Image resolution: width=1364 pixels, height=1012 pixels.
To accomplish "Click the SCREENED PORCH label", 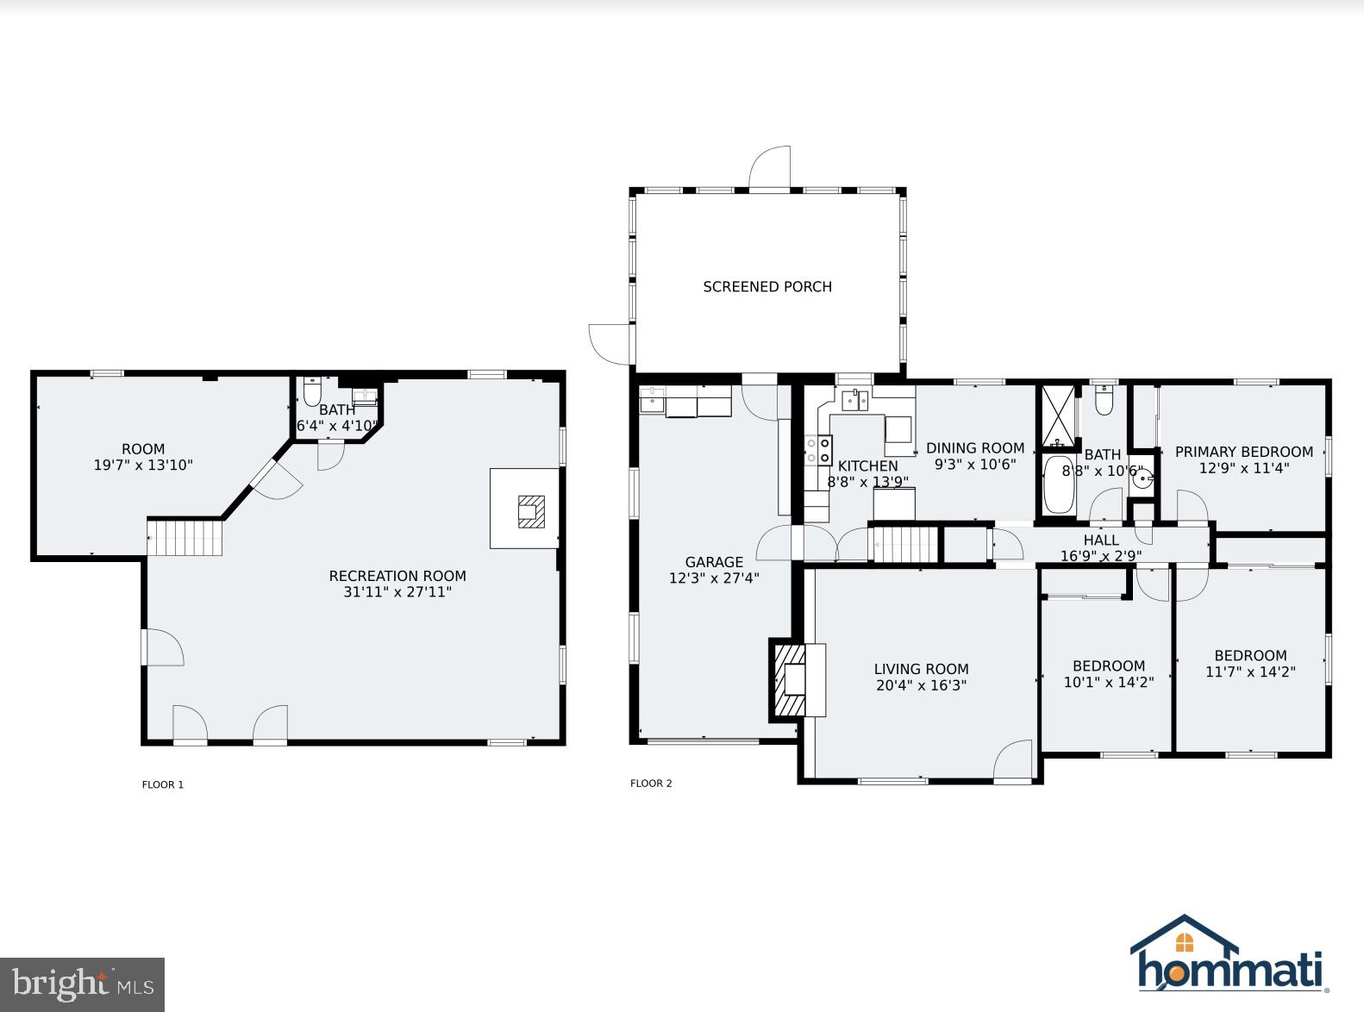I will tap(766, 287).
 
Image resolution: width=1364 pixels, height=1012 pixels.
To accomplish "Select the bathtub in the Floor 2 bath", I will tap(1058, 484).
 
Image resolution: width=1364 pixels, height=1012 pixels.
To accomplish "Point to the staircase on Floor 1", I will tap(185, 537).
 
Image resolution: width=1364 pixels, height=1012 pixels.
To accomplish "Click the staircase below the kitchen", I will tap(904, 546).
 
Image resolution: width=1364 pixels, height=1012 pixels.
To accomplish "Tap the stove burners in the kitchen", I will tap(819, 449).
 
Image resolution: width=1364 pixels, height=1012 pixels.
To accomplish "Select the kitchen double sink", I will tap(855, 401).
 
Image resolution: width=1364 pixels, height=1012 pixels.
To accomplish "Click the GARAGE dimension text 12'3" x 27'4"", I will tap(714, 578).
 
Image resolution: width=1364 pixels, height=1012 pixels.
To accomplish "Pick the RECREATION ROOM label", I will tap(397, 576).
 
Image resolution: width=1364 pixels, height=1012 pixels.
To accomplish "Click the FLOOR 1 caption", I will tap(162, 784).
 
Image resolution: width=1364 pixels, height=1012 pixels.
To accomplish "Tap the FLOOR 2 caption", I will tap(651, 784).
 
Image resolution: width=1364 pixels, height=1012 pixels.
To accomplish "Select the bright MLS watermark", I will tap(82, 984).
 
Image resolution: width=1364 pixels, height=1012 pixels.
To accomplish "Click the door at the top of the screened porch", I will tap(769, 169).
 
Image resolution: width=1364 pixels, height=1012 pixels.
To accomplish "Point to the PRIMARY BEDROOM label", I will tap(1243, 452).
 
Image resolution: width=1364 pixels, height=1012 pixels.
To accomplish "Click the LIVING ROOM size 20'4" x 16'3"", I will tap(921, 686).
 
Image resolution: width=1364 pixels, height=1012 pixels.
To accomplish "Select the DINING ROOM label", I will tap(975, 448).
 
